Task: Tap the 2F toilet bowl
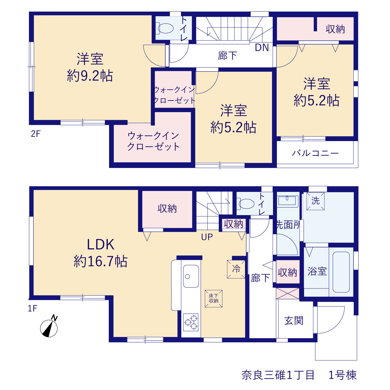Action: (x=165, y=28)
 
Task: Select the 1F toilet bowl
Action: (x=246, y=204)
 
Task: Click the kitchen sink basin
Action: (x=191, y=276)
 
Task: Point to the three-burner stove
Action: (x=191, y=322)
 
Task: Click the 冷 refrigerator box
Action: (x=236, y=269)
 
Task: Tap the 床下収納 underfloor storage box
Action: (x=214, y=299)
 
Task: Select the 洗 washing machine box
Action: (x=315, y=201)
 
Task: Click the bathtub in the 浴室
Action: (x=341, y=272)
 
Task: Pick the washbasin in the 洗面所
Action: (x=287, y=200)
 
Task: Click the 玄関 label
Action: (x=294, y=321)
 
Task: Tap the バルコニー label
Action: (x=315, y=153)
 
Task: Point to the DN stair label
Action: (x=262, y=48)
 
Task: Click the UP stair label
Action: (x=207, y=237)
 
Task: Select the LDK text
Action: (x=101, y=244)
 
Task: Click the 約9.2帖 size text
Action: (x=90, y=76)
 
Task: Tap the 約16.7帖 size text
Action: (x=101, y=261)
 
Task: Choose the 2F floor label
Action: (x=36, y=134)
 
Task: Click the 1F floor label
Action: (x=32, y=308)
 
